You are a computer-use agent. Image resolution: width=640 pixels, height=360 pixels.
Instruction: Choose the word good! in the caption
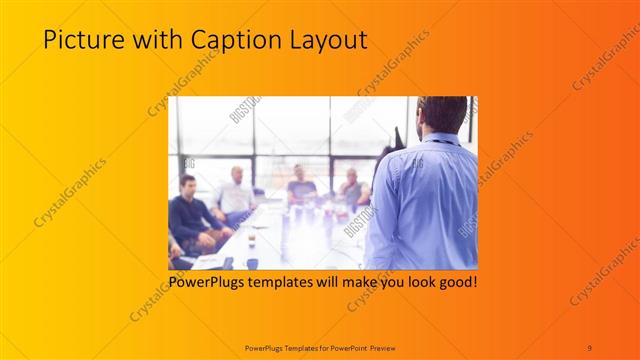[x=457, y=284]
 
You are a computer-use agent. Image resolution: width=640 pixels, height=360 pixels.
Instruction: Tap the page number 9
[x=590, y=347]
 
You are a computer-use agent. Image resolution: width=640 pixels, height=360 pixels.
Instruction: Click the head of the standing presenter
[x=443, y=115]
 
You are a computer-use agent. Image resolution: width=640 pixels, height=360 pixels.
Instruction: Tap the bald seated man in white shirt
[x=236, y=192]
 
